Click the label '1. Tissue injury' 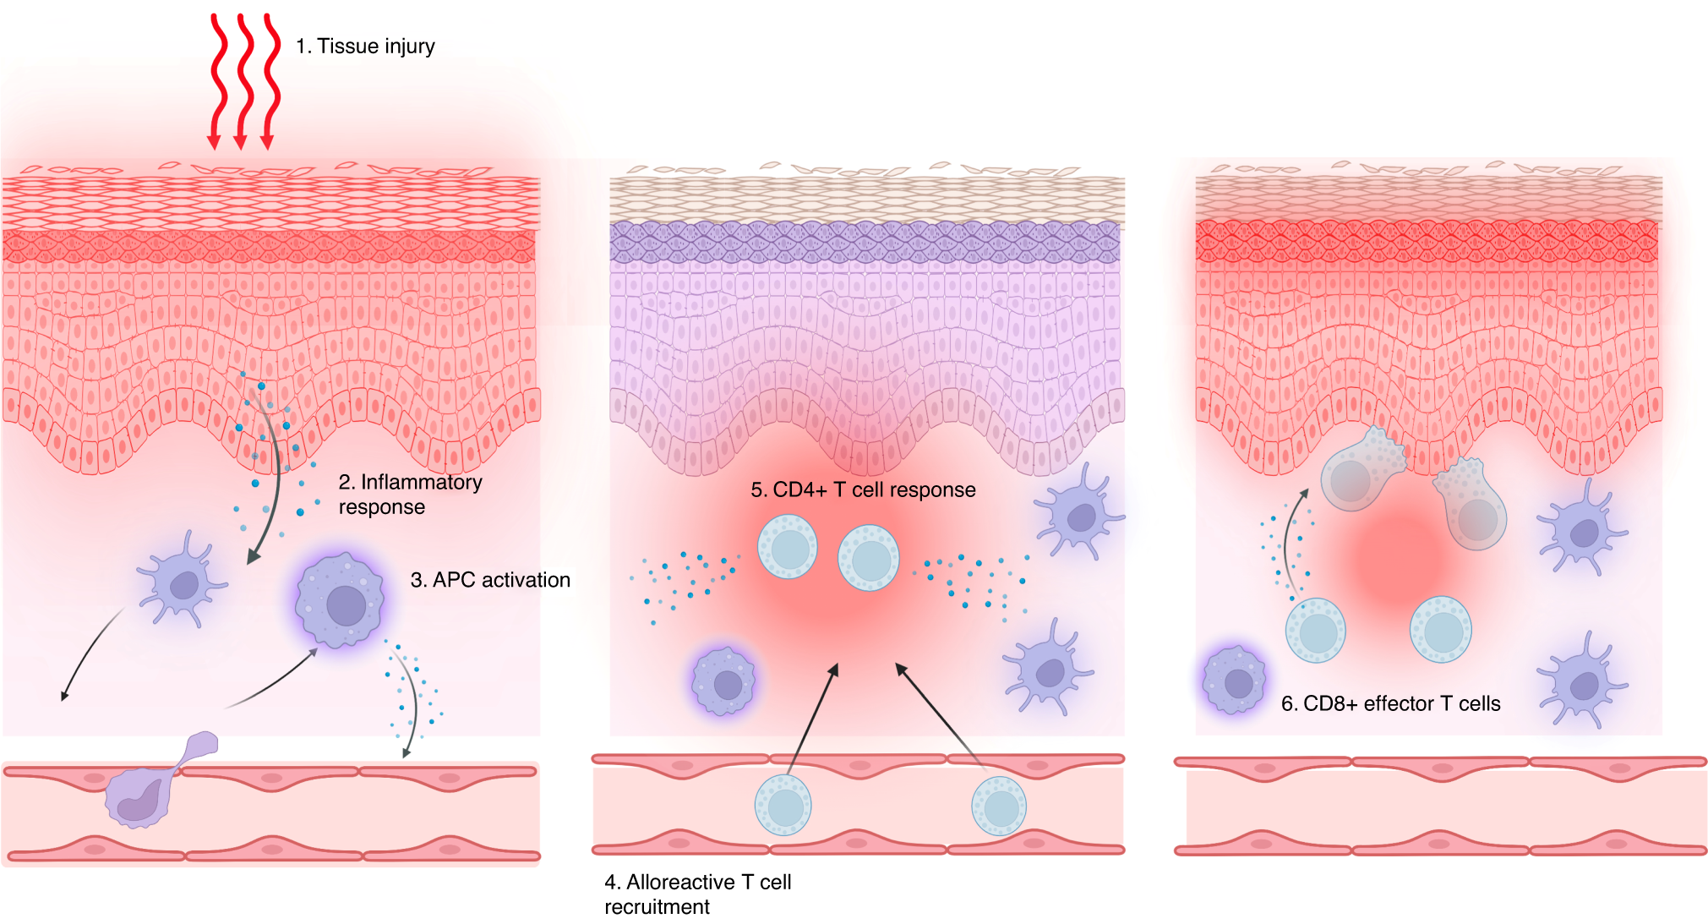tap(365, 46)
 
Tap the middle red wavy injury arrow tap(243, 80)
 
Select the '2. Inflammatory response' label tap(410, 494)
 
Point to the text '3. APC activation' tap(490, 580)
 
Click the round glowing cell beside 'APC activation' tap(340, 601)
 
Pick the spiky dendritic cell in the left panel tap(181, 582)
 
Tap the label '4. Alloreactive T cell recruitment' tap(697, 894)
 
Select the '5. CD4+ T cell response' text tap(863, 489)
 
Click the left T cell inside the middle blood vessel tap(783, 806)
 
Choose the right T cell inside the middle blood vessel tap(999, 806)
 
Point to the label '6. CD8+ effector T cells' tap(1390, 703)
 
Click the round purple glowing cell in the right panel tap(1235, 681)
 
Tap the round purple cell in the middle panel tap(723, 681)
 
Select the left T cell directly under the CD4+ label tap(788, 546)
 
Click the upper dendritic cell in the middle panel tap(1078, 514)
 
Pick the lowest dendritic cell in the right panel tap(1579, 681)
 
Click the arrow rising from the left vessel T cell tap(811, 719)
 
